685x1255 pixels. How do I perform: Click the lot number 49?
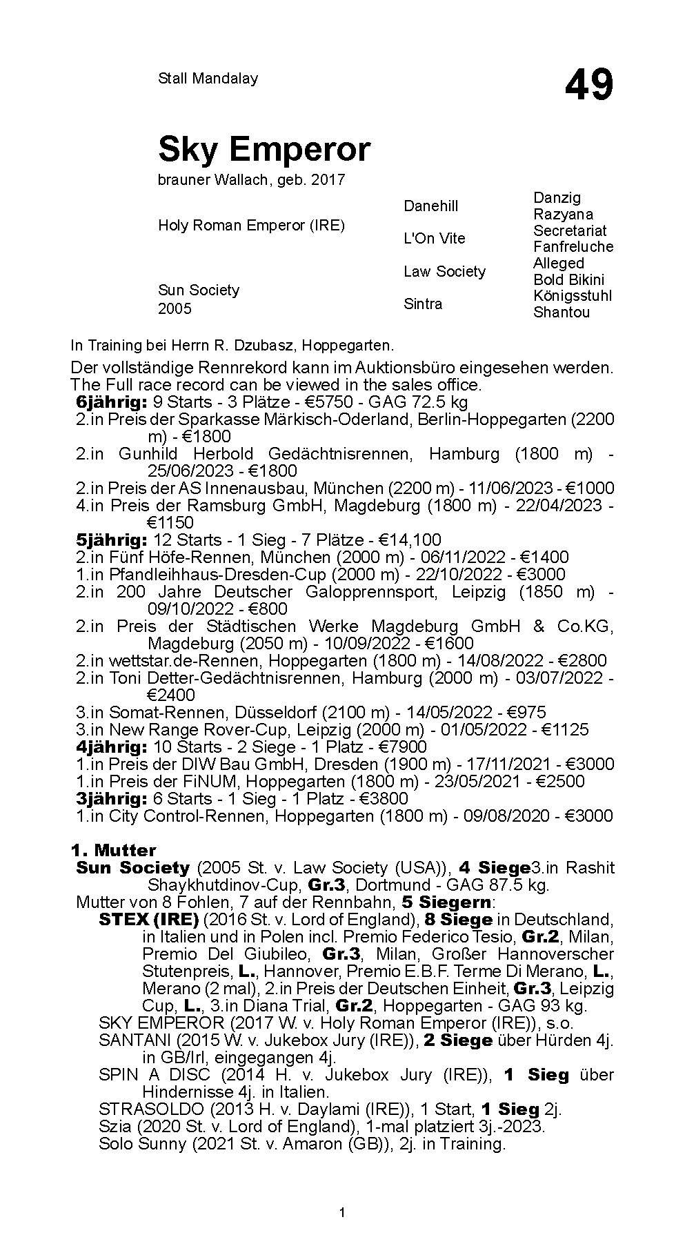[588, 86]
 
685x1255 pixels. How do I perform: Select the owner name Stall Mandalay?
[208, 78]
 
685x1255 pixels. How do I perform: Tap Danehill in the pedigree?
[430, 206]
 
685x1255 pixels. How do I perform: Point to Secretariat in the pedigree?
[570, 230]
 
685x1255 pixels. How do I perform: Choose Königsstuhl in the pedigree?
[573, 295]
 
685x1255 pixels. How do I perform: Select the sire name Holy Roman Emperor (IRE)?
[251, 225]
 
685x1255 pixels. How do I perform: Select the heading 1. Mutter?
[113, 850]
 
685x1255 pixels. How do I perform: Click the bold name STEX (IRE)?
[148, 920]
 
